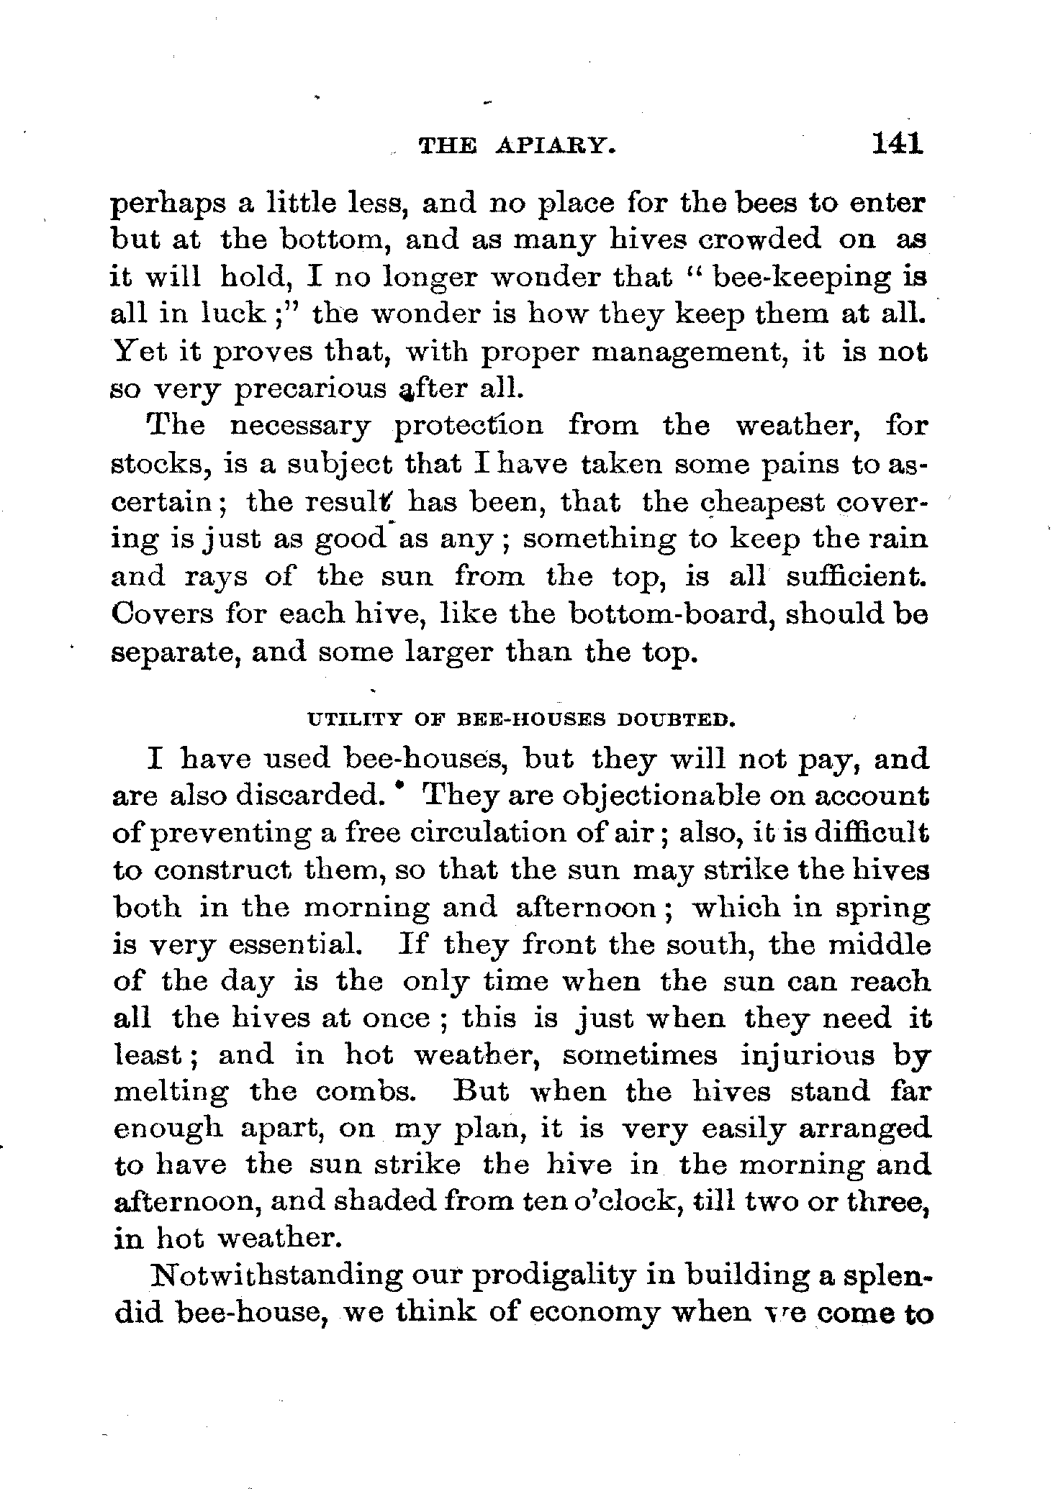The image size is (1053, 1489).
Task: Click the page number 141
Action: coord(897,144)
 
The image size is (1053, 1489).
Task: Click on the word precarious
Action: coord(312,389)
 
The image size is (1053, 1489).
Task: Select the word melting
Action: coord(171,1093)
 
